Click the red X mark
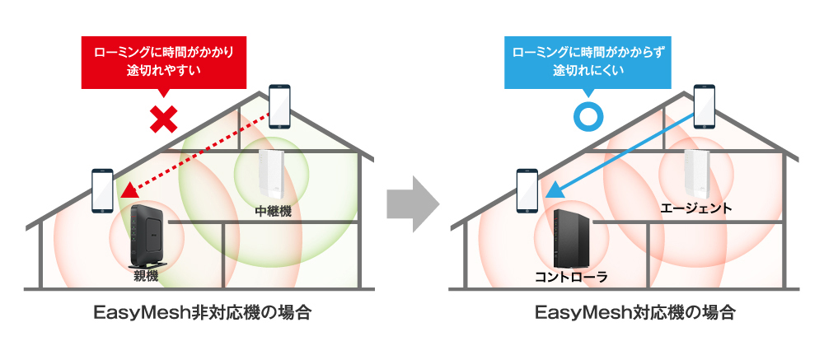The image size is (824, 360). pyautogui.click(x=163, y=119)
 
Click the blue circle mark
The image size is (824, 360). pyautogui.click(x=588, y=116)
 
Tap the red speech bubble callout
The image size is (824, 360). pyautogui.click(x=164, y=63)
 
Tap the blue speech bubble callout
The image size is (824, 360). pyautogui.click(x=588, y=63)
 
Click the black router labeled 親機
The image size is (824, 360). pyautogui.click(x=147, y=236)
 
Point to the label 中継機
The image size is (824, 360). pyautogui.click(x=271, y=212)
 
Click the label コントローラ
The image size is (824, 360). pyautogui.click(x=571, y=277)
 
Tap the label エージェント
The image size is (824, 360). pyautogui.click(x=695, y=208)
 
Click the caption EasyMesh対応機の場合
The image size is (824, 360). pyautogui.click(x=634, y=314)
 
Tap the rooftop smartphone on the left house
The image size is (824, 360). pyautogui.click(x=279, y=107)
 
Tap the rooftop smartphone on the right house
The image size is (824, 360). pyautogui.click(x=705, y=107)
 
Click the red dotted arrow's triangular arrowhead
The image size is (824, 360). pyautogui.click(x=128, y=190)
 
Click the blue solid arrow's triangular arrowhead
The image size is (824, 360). pyautogui.click(x=554, y=190)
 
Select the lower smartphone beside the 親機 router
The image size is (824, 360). pyautogui.click(x=102, y=191)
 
